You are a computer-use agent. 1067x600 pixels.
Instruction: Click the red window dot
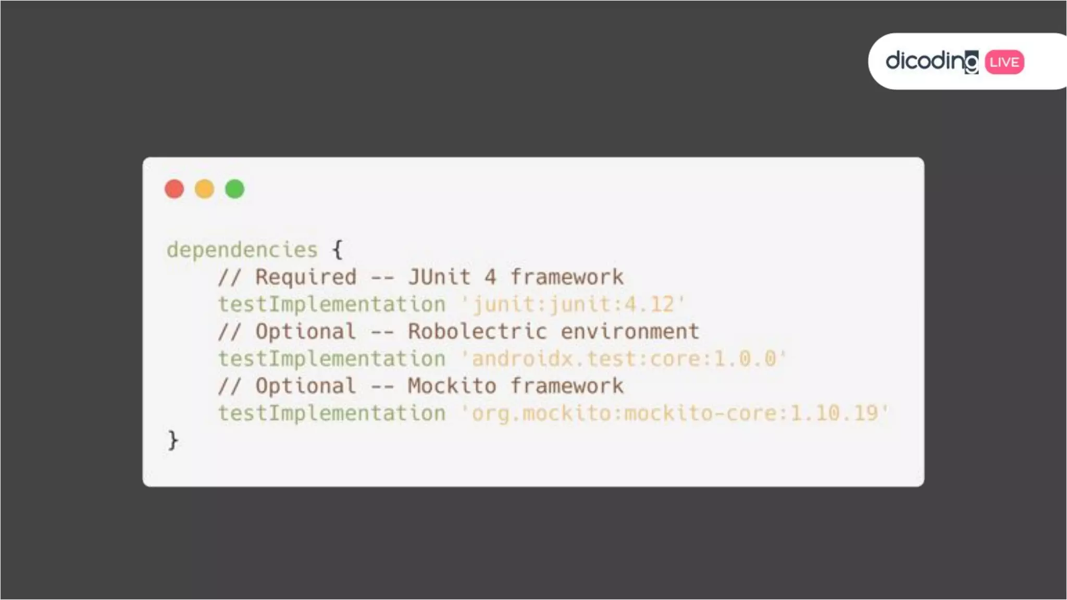(174, 189)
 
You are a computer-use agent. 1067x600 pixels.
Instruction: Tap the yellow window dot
(204, 189)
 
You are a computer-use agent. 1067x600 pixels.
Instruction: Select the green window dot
(234, 189)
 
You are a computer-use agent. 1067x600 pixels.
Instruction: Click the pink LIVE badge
(1004, 62)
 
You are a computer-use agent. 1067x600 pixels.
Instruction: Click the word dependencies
(242, 250)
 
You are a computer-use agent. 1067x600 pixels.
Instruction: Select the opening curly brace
(338, 249)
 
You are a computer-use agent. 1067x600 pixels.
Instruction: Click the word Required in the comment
(306, 277)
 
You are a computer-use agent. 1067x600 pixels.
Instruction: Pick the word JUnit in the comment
(439, 277)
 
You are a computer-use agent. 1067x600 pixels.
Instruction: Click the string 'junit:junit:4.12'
(573, 305)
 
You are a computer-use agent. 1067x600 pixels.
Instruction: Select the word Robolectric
(477, 332)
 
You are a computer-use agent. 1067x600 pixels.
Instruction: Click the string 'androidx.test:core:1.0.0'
(624, 359)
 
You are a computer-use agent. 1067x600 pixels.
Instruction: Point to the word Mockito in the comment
(452, 386)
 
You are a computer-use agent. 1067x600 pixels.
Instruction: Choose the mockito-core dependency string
(675, 413)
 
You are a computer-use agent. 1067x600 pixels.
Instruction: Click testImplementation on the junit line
(332, 305)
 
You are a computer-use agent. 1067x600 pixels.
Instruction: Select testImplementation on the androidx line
(332, 359)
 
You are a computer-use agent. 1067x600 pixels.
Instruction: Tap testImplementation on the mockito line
(332, 413)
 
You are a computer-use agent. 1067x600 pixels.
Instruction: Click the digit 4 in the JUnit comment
(490, 277)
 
